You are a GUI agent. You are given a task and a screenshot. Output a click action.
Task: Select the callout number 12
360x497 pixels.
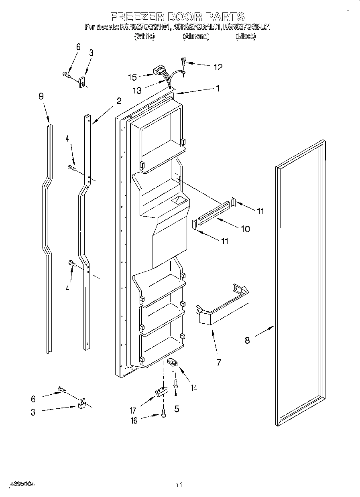tap(218, 67)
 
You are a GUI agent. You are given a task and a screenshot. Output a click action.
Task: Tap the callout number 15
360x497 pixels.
tap(132, 77)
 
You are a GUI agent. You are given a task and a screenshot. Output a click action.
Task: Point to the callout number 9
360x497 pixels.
tap(41, 96)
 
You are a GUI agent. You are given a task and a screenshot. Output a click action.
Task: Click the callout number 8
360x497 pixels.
tap(247, 341)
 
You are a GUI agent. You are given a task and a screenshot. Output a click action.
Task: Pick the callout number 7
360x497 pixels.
tap(219, 363)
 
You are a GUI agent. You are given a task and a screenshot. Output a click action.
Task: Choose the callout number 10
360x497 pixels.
tap(245, 229)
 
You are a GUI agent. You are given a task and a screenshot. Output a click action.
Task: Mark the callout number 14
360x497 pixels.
tap(194, 388)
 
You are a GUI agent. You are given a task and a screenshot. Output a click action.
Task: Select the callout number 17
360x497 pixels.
tap(133, 410)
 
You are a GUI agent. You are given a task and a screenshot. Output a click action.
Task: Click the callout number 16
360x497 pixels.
tap(134, 420)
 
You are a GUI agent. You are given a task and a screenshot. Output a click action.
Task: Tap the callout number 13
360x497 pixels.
tap(137, 91)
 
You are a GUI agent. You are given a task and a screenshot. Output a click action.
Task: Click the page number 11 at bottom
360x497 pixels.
tap(179, 485)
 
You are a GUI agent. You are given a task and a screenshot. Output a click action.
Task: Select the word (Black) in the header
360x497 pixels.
tap(246, 36)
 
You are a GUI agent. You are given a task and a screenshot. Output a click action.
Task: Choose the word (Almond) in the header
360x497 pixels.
tap(196, 36)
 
